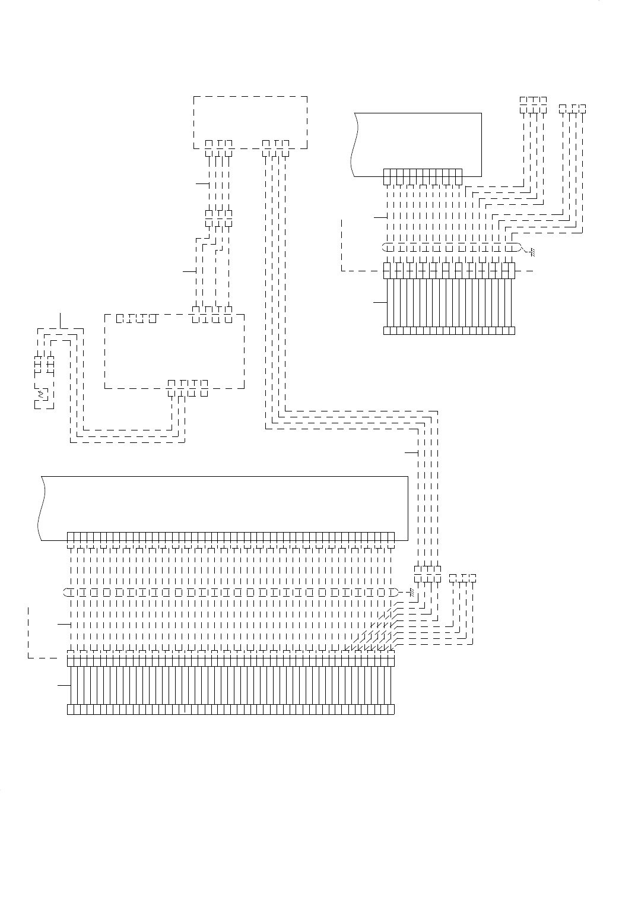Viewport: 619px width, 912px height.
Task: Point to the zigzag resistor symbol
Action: [x=41, y=394]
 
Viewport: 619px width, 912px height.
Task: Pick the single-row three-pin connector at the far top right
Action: [x=573, y=109]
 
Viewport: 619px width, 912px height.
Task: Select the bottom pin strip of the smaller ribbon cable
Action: [x=449, y=331]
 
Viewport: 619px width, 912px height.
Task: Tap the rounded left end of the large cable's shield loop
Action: [x=66, y=592]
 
